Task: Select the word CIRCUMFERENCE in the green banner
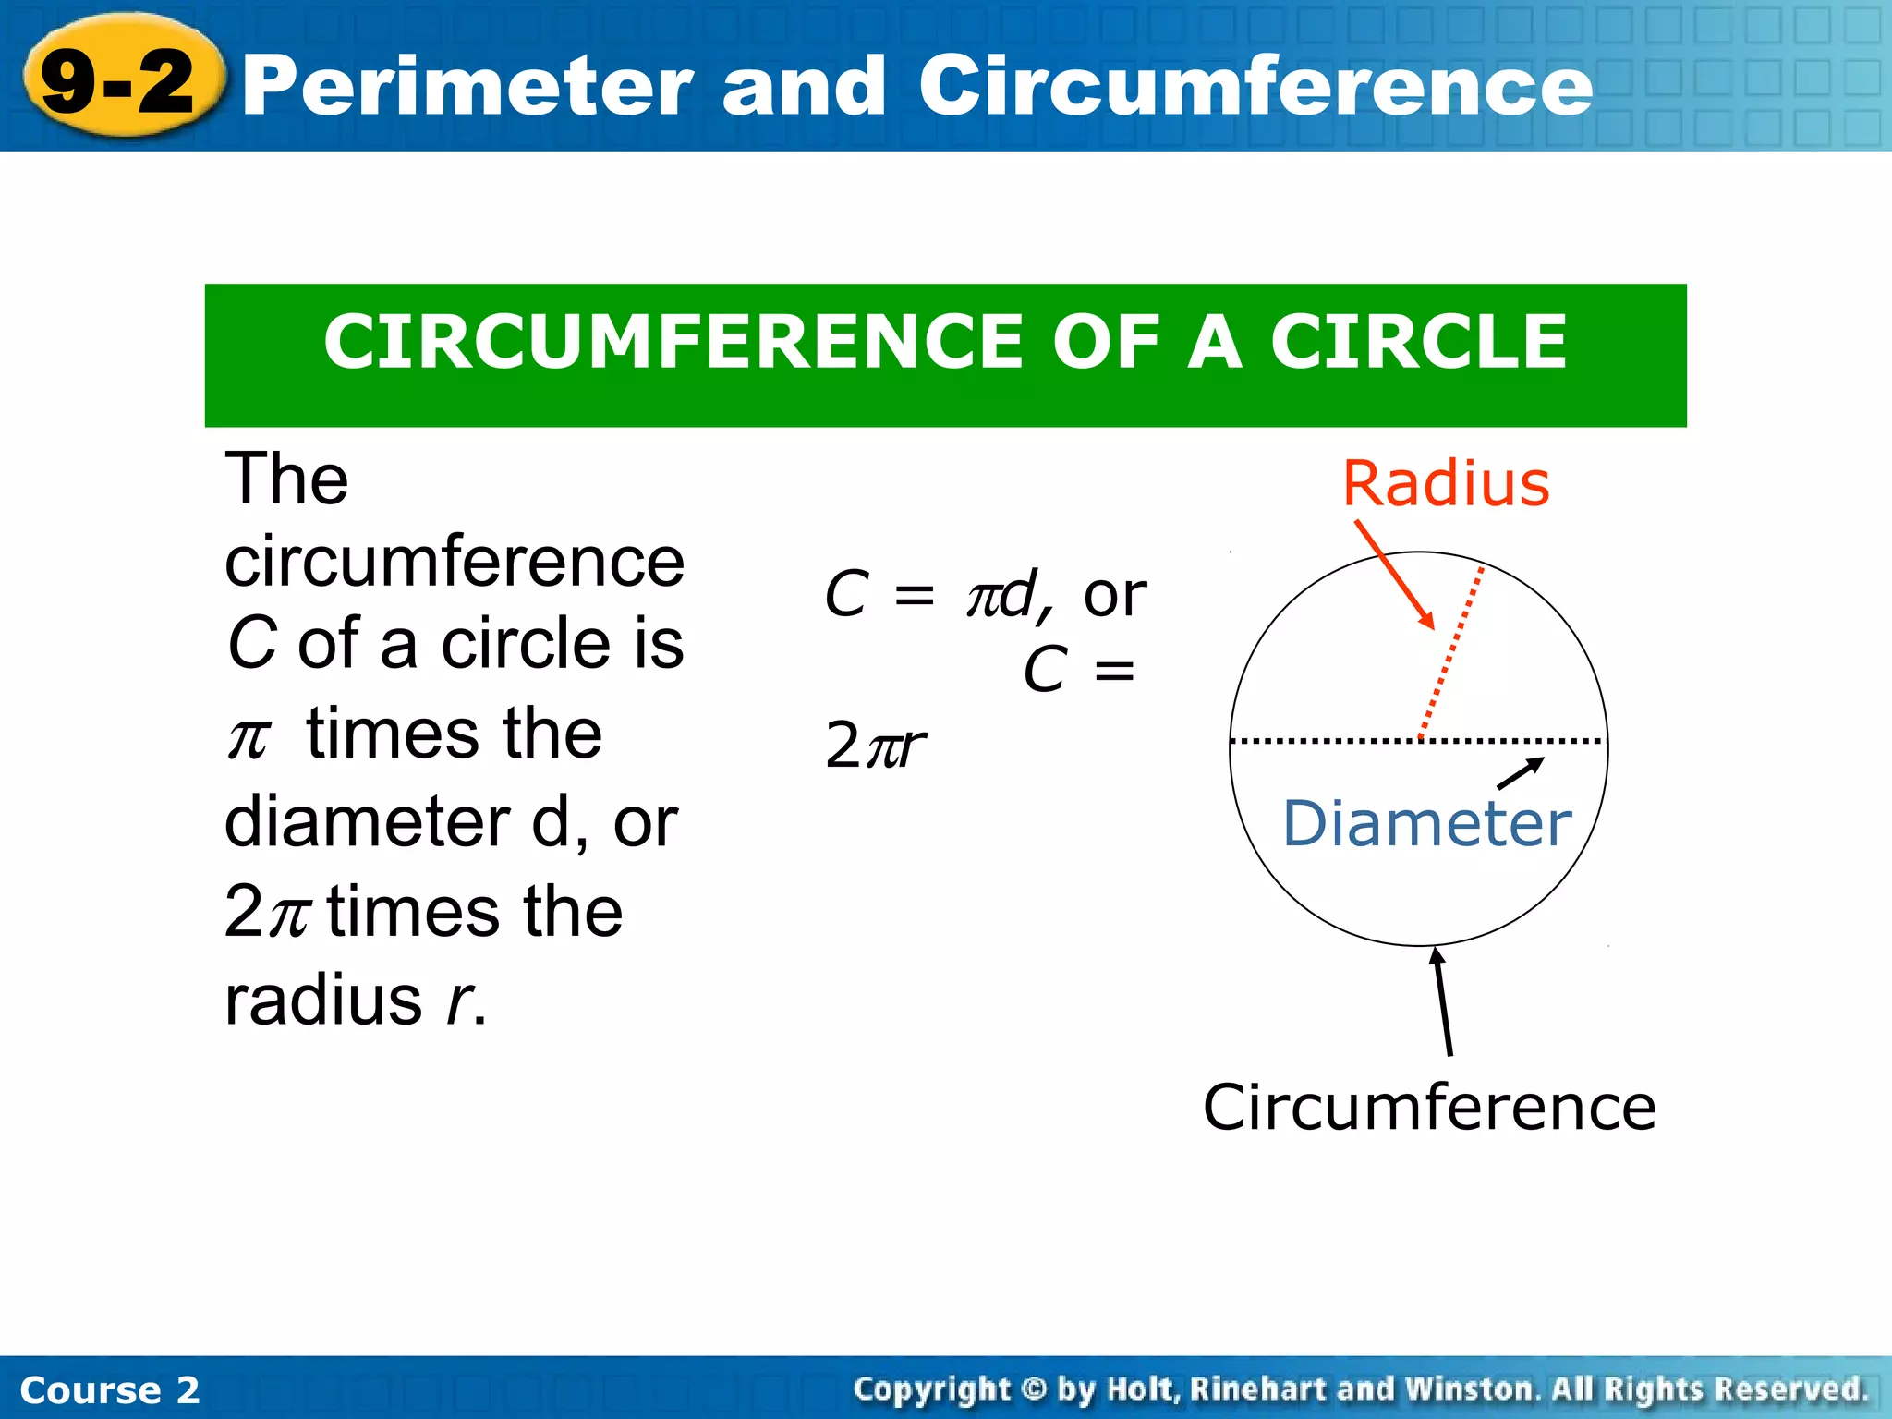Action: coord(673,342)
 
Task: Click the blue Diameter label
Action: coord(1426,823)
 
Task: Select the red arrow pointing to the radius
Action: coord(1395,576)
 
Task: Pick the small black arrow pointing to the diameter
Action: coord(1520,773)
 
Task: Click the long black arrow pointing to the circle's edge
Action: coord(1442,1001)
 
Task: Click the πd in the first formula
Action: coord(1001,594)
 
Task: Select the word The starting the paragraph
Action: coord(286,479)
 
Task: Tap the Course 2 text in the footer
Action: coord(109,1389)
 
